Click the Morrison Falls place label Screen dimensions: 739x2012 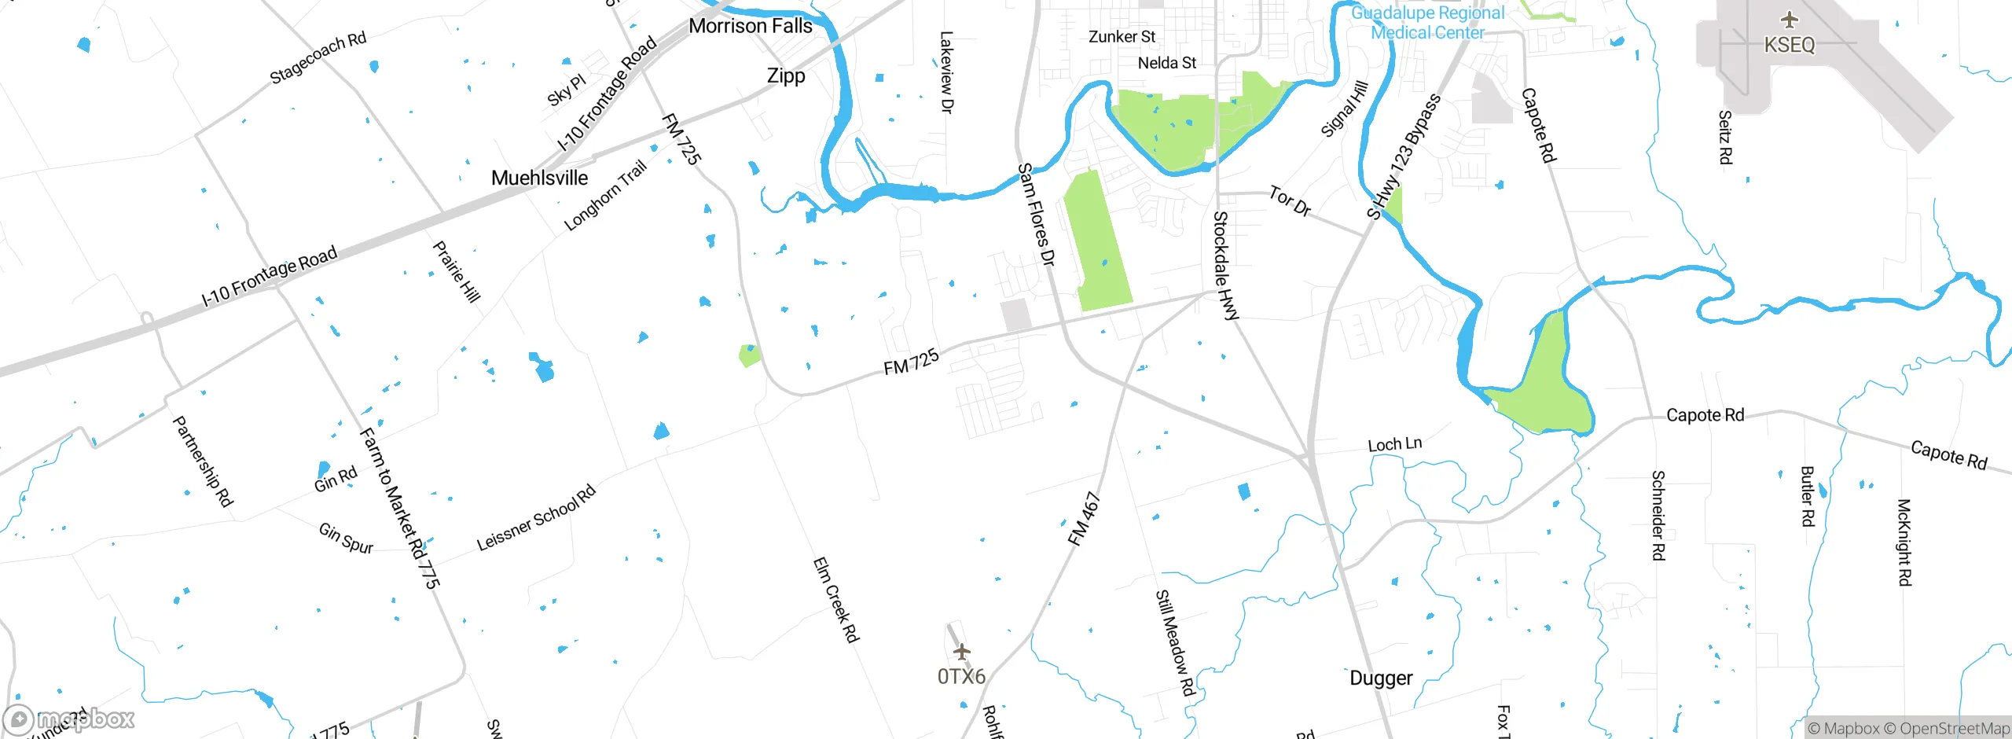click(750, 26)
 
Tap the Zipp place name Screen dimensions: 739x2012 click(786, 76)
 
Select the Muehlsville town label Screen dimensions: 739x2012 click(539, 178)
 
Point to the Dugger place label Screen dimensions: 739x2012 click(1381, 678)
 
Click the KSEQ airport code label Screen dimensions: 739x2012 click(1790, 45)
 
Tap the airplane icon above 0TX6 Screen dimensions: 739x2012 click(961, 652)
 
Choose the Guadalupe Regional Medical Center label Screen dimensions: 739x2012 click(1427, 23)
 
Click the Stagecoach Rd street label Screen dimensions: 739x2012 click(318, 58)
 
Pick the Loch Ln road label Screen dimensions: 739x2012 click(1394, 444)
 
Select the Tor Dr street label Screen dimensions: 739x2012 click(1290, 201)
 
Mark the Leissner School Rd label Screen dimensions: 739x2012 click(536, 519)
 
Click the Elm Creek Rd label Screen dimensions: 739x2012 click(835, 600)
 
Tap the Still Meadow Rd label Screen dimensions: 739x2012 click(1175, 642)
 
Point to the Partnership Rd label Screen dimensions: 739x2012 click(203, 461)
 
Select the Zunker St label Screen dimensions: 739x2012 click(1122, 37)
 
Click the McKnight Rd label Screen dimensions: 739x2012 click(1904, 542)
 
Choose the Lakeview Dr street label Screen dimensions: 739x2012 click(946, 72)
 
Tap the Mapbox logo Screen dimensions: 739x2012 click(69, 719)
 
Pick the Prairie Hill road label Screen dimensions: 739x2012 click(457, 272)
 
